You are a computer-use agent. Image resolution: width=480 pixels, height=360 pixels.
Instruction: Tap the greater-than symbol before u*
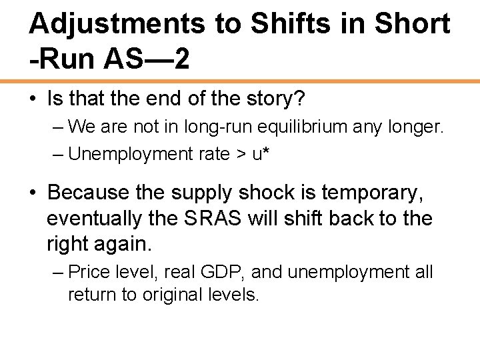pos(241,154)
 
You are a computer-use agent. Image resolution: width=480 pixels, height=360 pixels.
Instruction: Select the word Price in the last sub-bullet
pos(86,273)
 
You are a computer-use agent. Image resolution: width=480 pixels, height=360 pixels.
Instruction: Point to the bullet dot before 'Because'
pos(33,193)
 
